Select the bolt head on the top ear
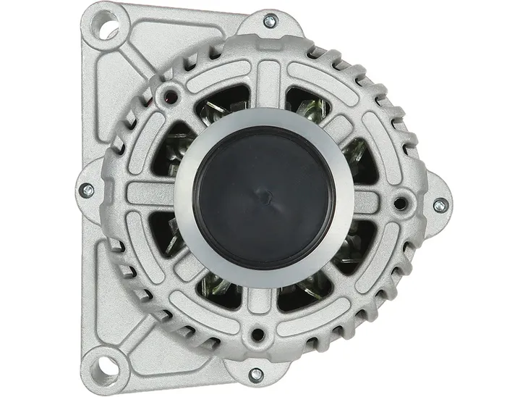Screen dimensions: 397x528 pyautogui.click(x=269, y=21)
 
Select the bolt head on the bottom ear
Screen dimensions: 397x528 pyautogui.click(x=255, y=374)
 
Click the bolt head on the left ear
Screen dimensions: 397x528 pyautogui.click(x=87, y=190)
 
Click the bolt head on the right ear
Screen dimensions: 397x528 pyautogui.click(x=438, y=204)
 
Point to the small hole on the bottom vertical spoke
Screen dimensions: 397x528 pyautogui.click(x=256, y=335)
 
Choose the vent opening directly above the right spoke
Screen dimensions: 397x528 pyautogui.click(x=362, y=159)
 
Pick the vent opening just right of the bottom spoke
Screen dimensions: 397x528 pyautogui.click(x=304, y=293)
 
